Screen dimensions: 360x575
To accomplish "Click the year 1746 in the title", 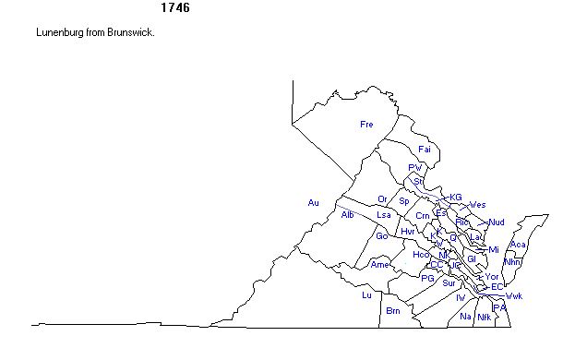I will (175, 8).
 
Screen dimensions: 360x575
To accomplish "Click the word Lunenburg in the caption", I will (61, 32).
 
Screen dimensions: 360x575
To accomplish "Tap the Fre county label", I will (366, 124).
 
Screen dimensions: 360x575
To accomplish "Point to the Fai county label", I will (425, 149).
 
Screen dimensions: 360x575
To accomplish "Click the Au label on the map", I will (313, 202).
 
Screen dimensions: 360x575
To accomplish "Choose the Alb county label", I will (347, 215).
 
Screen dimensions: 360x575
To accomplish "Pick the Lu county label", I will (366, 295).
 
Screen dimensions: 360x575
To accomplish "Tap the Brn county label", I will (393, 310).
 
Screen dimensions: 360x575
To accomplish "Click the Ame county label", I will (379, 264).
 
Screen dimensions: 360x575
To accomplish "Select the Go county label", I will (381, 235).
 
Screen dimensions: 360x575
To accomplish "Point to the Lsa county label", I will (384, 215).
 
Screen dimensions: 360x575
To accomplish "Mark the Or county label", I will (382, 199).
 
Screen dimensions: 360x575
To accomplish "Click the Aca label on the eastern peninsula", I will (518, 245).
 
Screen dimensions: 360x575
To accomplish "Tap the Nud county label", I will (497, 222).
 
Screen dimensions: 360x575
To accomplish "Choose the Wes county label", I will (477, 205).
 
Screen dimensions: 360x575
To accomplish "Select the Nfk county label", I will (484, 317).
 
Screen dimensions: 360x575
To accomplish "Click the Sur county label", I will (449, 283).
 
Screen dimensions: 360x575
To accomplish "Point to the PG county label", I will (426, 278).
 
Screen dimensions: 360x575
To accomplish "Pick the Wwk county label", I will (514, 296).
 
